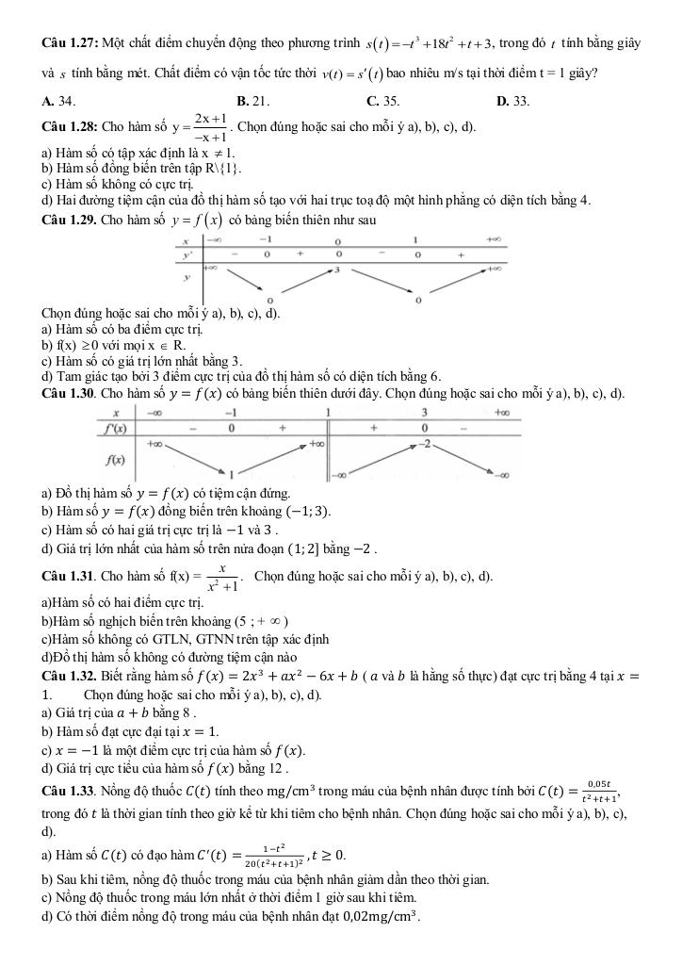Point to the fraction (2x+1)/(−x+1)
tap(207, 126)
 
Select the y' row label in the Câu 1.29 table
tap(187, 254)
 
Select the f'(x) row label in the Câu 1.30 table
tap(116, 428)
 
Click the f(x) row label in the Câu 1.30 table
tap(116, 460)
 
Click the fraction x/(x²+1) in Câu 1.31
tap(223, 577)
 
